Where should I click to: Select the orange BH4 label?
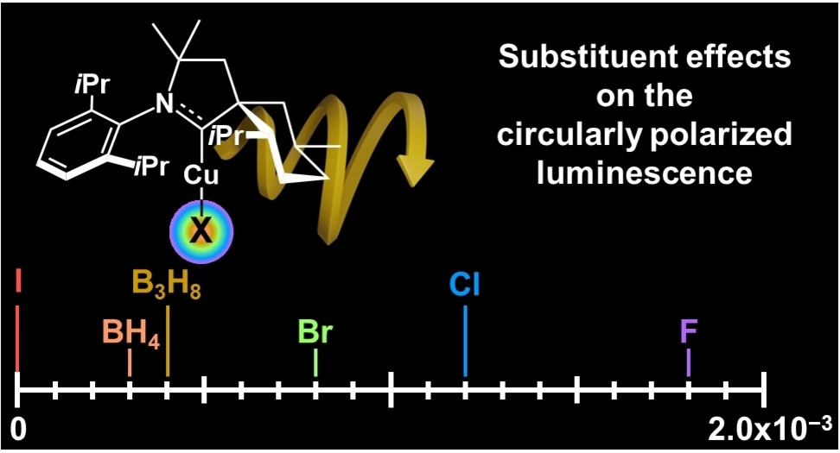(130, 333)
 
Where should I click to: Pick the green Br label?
(315, 332)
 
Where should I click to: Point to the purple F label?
(688, 331)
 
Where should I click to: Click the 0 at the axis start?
(17, 426)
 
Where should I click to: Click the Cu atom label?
(200, 175)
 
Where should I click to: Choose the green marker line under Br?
(315, 362)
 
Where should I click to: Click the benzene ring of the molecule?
(81, 143)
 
